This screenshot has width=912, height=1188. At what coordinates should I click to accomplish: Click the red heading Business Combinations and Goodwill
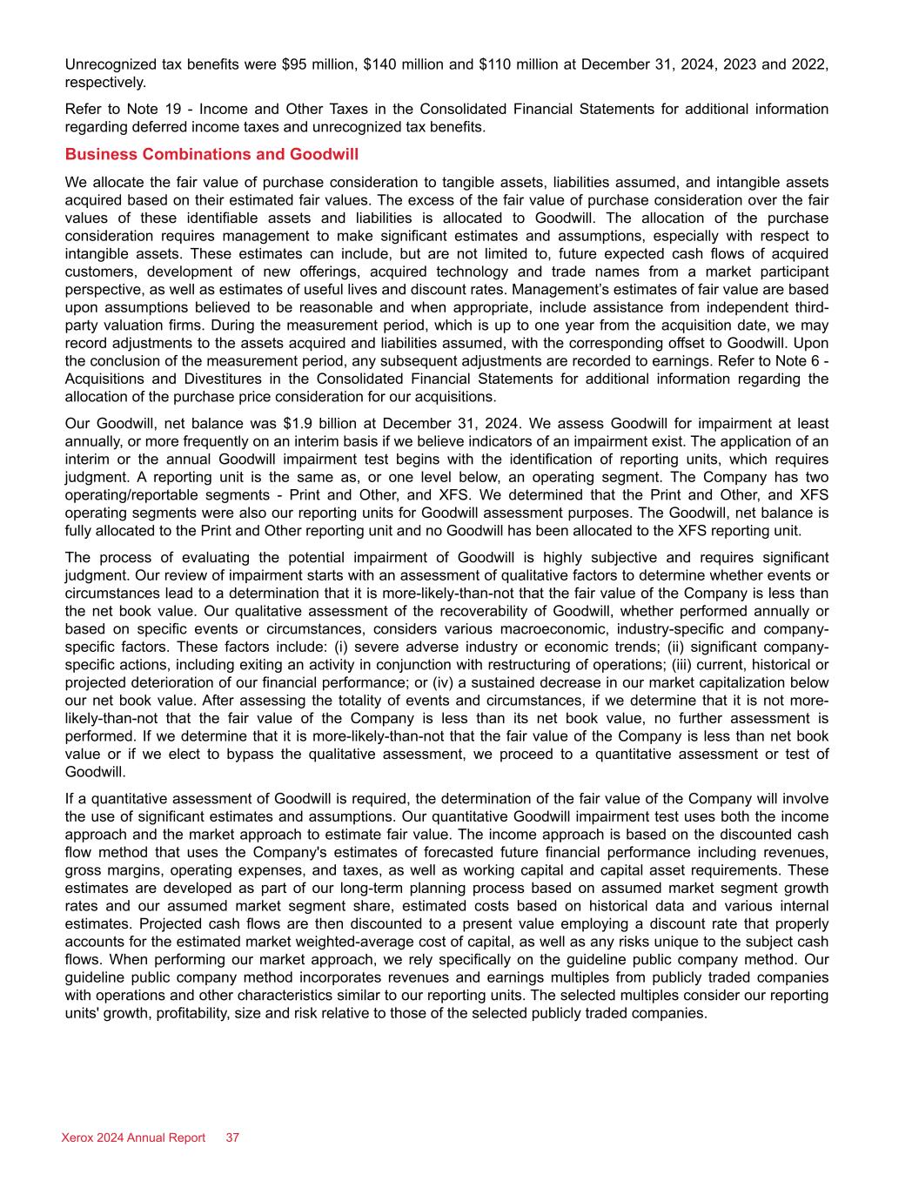[211, 154]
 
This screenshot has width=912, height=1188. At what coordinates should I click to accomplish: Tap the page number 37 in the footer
[233, 1138]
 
